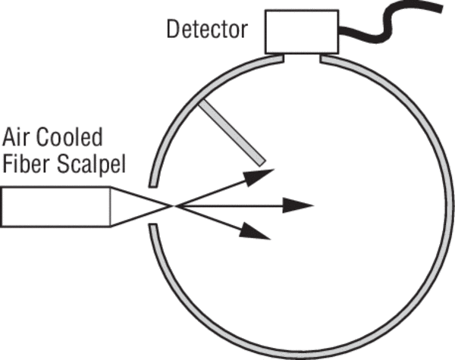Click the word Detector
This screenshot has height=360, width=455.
pos(207,30)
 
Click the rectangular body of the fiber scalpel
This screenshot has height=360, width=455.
pos(56,207)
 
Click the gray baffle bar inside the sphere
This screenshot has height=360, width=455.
pos(231,133)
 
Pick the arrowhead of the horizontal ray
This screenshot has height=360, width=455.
pos(302,205)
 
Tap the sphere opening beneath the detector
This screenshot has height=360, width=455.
pos(303,56)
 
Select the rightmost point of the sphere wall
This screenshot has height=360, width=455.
pos(448,205)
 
